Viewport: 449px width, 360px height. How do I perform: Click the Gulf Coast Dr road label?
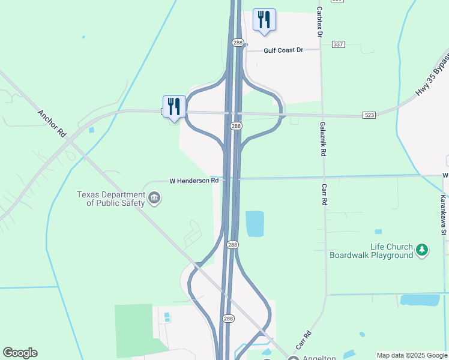click(x=283, y=50)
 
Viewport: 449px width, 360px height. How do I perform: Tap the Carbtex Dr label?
click(x=320, y=23)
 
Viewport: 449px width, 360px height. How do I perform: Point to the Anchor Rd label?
click(x=51, y=124)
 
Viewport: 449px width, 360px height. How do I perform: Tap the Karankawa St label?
click(x=443, y=207)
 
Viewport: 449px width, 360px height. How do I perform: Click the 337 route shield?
click(x=338, y=44)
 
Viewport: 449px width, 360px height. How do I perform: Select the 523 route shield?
click(x=369, y=115)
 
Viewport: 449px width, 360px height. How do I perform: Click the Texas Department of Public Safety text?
click(x=111, y=199)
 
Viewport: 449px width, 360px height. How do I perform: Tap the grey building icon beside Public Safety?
click(x=154, y=198)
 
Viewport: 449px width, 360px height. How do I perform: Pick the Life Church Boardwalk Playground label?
click(x=371, y=251)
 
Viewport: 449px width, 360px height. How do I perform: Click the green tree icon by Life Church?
click(x=423, y=250)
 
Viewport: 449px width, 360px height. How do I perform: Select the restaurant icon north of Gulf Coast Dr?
click(x=264, y=19)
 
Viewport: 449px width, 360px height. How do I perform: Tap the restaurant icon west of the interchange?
click(x=174, y=107)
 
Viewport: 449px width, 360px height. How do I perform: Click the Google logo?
click(x=20, y=353)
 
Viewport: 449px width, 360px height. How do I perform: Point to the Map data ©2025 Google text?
click(x=412, y=355)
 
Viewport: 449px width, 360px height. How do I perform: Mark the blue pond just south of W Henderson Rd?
click(x=255, y=223)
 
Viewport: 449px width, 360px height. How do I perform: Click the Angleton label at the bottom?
click(x=316, y=358)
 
